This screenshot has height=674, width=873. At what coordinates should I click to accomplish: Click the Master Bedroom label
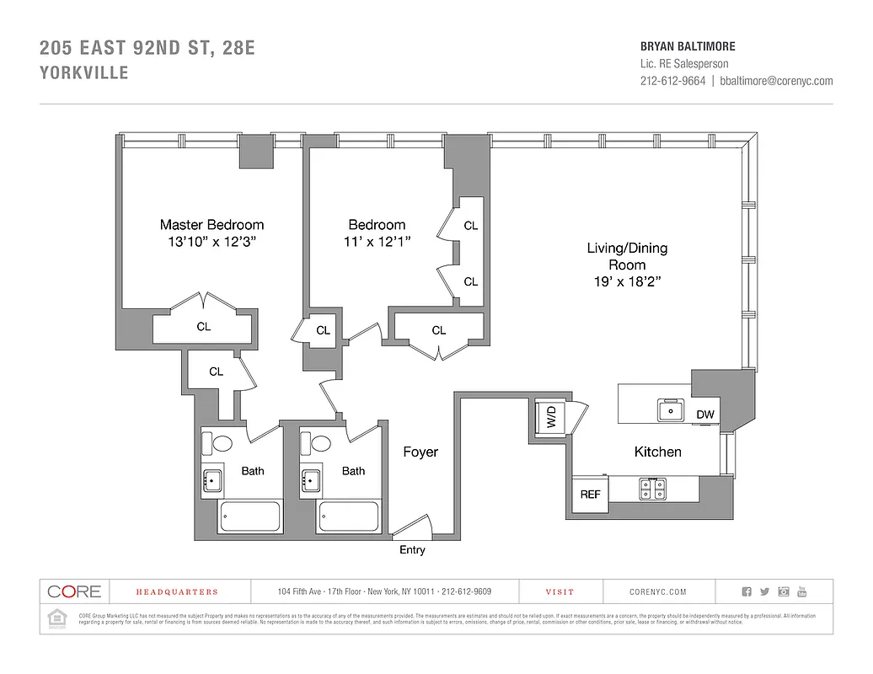[x=212, y=225]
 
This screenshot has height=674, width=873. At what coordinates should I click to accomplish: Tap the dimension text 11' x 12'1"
[x=378, y=243]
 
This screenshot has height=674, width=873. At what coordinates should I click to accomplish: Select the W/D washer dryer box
[x=550, y=417]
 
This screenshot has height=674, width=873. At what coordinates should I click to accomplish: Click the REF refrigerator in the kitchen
[x=590, y=495]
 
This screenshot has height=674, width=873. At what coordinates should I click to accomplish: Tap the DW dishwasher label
[x=705, y=415]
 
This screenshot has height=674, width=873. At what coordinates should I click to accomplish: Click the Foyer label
[x=420, y=452]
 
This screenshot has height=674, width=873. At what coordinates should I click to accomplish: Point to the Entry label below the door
[x=412, y=550]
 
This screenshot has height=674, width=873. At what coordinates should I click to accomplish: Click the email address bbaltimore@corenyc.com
[x=776, y=81]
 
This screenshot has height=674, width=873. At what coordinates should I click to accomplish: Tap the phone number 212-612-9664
[x=672, y=81]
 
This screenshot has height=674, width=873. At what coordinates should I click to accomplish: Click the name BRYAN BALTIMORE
[x=688, y=46]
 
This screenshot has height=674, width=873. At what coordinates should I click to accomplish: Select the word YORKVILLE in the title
[x=84, y=73]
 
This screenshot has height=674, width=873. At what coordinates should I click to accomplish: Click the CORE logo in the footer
[x=74, y=591]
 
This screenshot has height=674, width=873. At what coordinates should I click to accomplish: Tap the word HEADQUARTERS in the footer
[x=177, y=592]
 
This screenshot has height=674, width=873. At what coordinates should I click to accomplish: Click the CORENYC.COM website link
[x=657, y=592]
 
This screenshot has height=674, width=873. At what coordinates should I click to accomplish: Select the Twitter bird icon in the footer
[x=764, y=592]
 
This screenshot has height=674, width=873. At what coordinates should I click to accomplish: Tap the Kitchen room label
[x=657, y=452]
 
